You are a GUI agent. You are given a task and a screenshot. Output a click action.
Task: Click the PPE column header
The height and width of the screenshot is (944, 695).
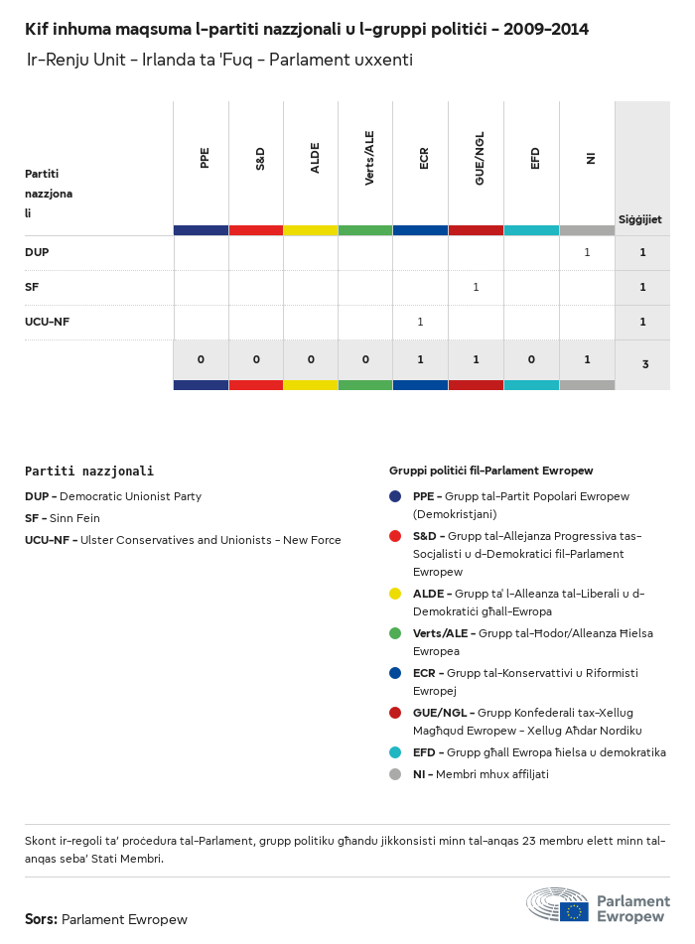pos(205,158)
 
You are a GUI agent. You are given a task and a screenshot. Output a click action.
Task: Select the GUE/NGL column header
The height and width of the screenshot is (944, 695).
pos(480,161)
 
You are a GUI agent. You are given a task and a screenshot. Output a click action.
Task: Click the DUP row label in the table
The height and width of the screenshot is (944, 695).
pos(37,252)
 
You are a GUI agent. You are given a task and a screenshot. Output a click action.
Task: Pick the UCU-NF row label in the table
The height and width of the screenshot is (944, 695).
pos(47,322)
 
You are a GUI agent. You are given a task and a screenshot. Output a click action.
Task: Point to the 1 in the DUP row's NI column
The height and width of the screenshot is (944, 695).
pos(587,252)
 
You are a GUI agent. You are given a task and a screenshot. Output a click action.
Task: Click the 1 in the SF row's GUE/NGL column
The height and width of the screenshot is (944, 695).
pos(476,287)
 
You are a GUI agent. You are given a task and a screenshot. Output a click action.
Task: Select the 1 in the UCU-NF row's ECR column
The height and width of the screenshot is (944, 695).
pos(420,322)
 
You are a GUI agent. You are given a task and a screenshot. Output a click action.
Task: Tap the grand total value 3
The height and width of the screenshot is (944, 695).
pos(644,364)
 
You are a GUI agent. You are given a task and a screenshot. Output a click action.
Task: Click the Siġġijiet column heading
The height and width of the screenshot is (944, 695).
pos(640,219)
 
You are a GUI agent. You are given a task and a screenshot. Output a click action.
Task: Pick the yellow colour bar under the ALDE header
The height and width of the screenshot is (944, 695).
pos(311,230)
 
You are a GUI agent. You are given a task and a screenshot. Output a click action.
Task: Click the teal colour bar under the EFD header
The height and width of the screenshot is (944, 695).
pos(531,230)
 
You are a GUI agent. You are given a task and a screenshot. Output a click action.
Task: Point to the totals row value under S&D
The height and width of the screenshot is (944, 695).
pos(256,359)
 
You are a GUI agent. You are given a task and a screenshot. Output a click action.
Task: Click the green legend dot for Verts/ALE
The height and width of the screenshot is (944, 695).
pos(395,633)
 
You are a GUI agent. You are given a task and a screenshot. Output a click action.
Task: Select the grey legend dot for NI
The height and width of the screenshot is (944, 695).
pos(395,774)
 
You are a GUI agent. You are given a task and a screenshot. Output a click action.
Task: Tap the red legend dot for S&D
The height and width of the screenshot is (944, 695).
pos(395,536)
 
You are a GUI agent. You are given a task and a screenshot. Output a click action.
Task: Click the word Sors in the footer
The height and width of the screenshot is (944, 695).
pos(41,919)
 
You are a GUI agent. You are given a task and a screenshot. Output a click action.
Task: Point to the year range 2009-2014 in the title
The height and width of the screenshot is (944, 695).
pos(546,29)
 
